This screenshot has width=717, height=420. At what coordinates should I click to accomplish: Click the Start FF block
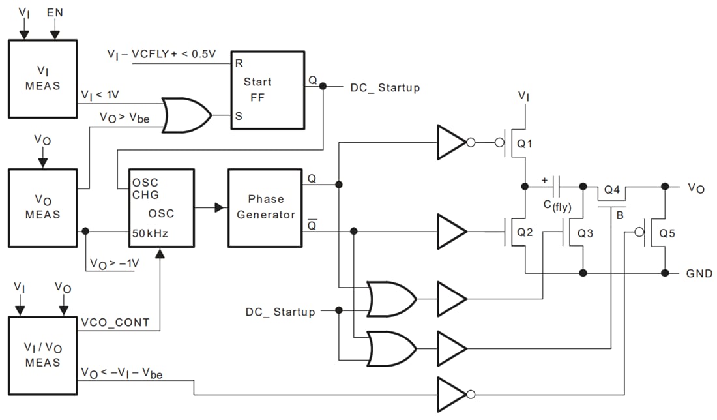pyautogui.click(x=267, y=90)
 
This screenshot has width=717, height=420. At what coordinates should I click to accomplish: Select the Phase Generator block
pyautogui.click(x=265, y=207)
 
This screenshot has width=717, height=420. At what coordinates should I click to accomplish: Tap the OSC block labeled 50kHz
pyautogui.click(x=161, y=207)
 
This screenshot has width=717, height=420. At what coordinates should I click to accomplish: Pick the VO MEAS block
pyautogui.click(x=43, y=207)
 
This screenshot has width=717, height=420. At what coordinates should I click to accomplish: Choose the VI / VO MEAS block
pyautogui.click(x=43, y=355)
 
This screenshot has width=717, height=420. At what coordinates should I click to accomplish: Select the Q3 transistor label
pyautogui.click(x=585, y=232)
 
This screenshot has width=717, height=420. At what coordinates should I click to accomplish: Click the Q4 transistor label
pyautogui.click(x=611, y=190)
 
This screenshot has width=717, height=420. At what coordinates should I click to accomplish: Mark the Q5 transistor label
pyautogui.click(x=667, y=232)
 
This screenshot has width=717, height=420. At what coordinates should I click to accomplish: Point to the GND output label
pyautogui.click(x=699, y=273)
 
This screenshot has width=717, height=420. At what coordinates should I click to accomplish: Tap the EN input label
pyautogui.click(x=55, y=12)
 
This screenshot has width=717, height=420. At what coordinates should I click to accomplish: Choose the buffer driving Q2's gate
pyautogui.click(x=452, y=231)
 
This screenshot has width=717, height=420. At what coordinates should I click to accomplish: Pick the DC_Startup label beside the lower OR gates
pyautogui.click(x=280, y=312)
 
